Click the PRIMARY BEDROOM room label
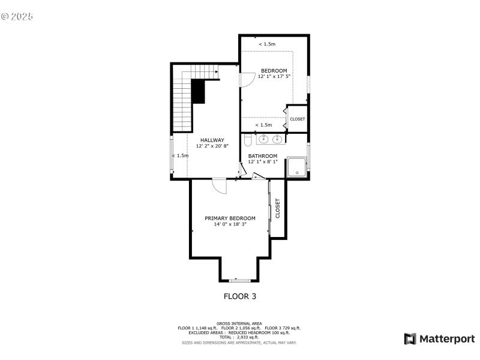[230, 218]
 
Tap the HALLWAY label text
[212, 140]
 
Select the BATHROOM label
[263, 155]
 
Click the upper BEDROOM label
[274, 70]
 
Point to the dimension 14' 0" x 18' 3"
[230, 224]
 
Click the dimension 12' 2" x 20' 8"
[212, 146]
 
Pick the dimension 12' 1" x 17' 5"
[274, 77]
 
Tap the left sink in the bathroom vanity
[265, 140]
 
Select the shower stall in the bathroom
[296, 167]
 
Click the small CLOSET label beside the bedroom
[297, 119]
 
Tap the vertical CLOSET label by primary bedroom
[278, 208]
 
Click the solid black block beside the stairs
[199, 92]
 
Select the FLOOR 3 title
[240, 296]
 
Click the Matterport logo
[439, 338]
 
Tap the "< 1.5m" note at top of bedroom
[267, 44]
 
